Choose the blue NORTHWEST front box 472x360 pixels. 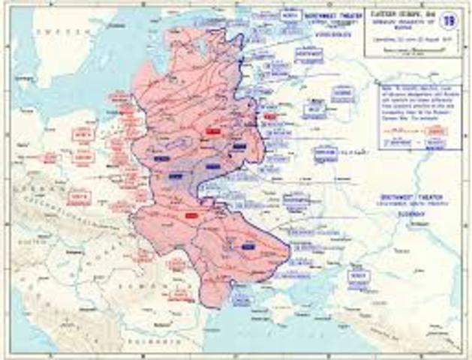click(x=308, y=54)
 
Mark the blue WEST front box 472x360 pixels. click(x=315, y=110)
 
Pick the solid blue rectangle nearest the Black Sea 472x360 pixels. click(x=248, y=246)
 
